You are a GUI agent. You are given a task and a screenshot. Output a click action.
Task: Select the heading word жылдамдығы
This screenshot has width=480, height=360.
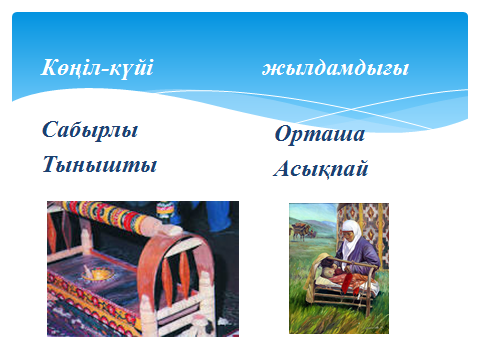[x=335, y=69]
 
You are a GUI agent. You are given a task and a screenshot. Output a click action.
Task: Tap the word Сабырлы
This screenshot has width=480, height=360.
[x=90, y=130]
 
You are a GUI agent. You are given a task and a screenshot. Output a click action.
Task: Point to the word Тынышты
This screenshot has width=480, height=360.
[x=99, y=164]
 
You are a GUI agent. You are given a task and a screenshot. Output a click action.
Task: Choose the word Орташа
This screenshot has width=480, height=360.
[x=320, y=134]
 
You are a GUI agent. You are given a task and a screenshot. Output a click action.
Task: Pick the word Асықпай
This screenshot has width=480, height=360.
[x=321, y=168]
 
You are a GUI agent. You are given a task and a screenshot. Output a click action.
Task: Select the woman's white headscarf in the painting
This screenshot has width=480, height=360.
[x=352, y=237]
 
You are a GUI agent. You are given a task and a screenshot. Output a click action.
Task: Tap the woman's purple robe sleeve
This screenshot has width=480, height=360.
[x=363, y=254]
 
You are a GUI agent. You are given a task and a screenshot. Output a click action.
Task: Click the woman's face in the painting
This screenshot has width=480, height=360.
[x=348, y=235]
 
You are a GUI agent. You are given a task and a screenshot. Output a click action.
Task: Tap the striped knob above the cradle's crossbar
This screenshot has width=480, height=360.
[x=166, y=209]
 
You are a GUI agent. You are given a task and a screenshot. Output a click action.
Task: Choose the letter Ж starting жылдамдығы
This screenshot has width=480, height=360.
[x=271, y=70]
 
